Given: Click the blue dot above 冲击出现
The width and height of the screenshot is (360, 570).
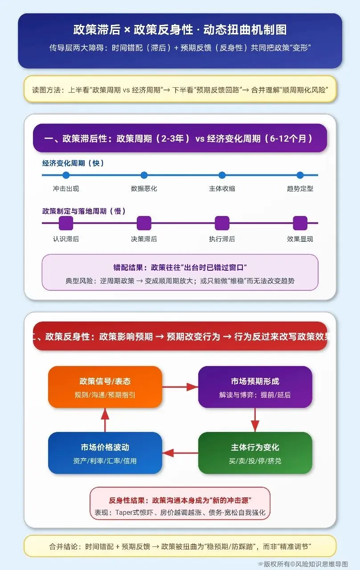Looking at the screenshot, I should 66,175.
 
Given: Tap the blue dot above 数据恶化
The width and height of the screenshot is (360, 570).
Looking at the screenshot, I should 144,175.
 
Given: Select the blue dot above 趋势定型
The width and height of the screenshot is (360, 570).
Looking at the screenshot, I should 300,175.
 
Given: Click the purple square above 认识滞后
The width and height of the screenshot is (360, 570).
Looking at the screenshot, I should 66,223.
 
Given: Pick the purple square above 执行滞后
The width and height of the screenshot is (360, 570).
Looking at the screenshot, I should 222,223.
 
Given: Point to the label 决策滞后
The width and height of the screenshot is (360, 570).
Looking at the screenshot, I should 144,239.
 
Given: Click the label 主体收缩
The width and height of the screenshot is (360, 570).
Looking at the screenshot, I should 222,188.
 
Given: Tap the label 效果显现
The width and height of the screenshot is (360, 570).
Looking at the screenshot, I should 300,239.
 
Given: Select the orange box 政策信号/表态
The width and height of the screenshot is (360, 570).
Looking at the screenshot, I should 105,387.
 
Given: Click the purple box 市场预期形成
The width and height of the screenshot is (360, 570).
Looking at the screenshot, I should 255,387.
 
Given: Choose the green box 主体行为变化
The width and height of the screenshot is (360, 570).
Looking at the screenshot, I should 255,453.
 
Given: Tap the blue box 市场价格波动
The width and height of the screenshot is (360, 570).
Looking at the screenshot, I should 105,453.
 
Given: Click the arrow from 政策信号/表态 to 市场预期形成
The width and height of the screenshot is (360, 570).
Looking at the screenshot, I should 180,387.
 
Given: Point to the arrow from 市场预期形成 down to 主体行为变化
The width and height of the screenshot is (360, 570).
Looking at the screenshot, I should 255,419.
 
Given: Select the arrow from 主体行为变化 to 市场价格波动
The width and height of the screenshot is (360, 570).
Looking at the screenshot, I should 180,453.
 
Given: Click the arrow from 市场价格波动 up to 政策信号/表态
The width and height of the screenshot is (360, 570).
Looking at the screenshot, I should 105,419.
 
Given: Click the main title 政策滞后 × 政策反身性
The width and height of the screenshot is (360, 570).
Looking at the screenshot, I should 180,30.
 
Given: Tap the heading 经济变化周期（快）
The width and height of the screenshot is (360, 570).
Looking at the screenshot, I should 74,163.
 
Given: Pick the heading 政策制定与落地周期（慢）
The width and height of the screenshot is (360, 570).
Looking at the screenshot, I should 84,211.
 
